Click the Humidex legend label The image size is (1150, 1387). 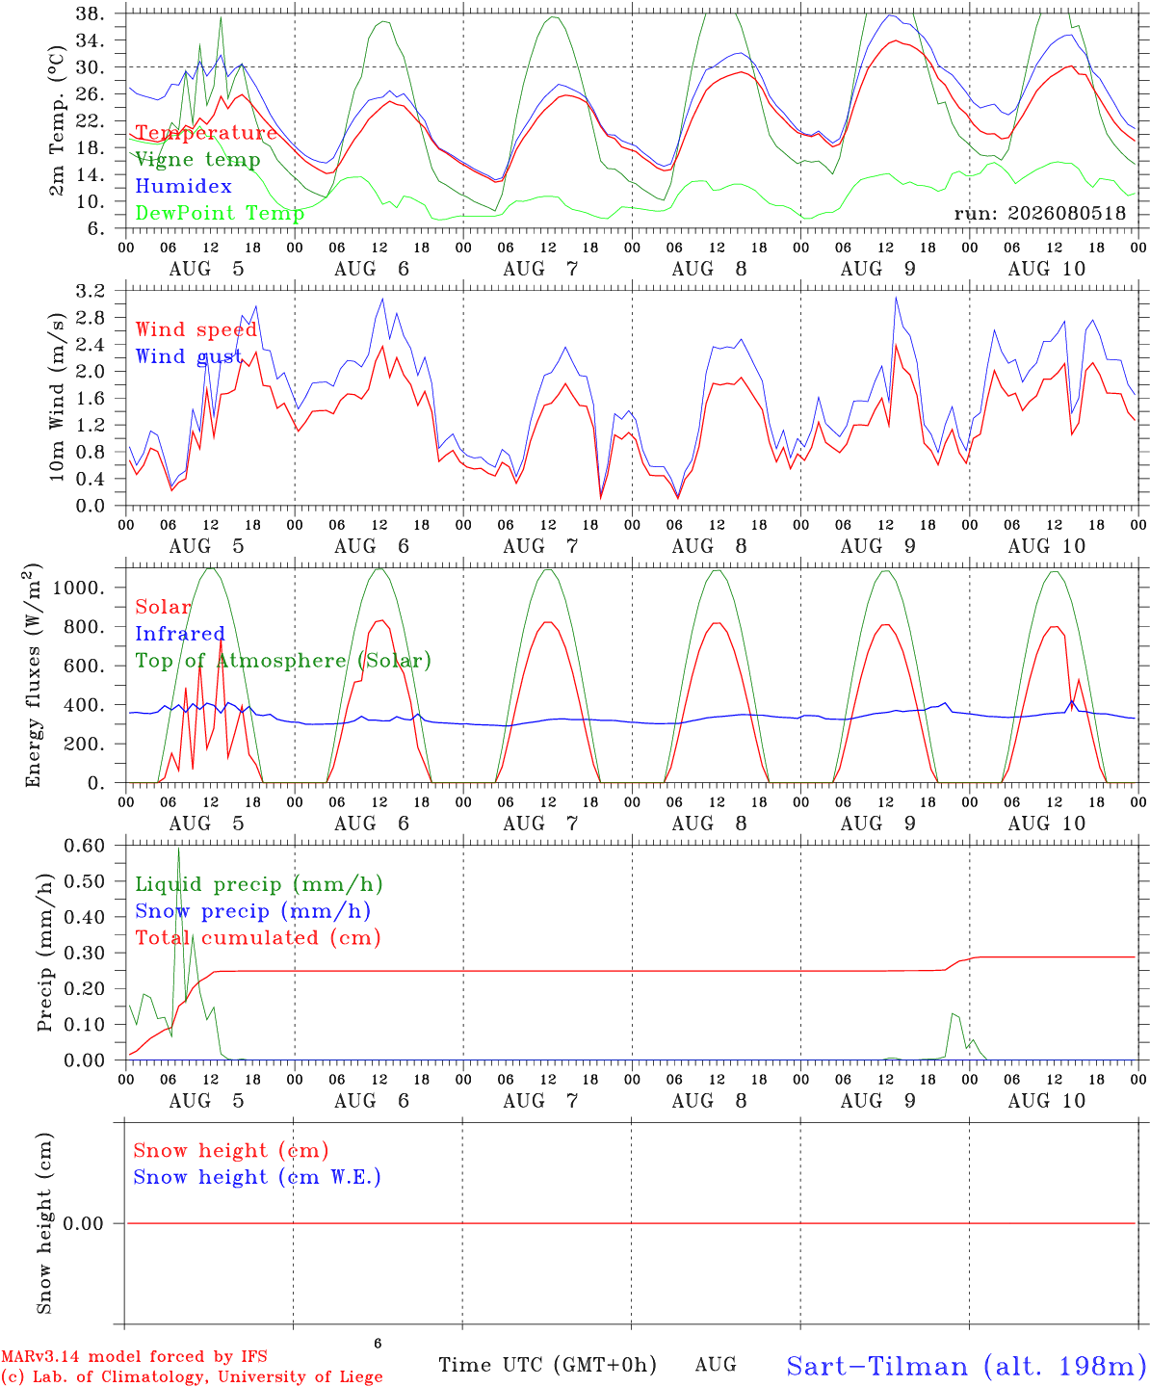coord(183,186)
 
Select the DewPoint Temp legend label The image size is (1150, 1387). coord(220,213)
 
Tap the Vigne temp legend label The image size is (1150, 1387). coord(198,160)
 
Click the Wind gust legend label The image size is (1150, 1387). coord(189,356)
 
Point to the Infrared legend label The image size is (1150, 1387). coord(180,634)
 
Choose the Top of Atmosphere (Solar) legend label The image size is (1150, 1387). coord(284,661)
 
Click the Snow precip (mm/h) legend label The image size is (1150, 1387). coord(253,911)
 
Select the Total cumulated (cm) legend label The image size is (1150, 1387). coord(258,937)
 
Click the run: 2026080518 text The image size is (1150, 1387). coord(1040,213)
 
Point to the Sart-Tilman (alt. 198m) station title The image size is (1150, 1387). coord(968,1366)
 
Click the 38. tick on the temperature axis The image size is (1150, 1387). coord(90,13)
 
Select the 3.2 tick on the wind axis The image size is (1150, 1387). coord(90,290)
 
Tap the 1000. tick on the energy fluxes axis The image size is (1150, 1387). coord(79,588)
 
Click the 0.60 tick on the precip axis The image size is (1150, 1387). coord(85,846)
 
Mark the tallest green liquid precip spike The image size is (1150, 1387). coord(178,849)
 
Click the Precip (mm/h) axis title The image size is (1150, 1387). coord(44,953)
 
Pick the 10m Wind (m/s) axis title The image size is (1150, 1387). coord(57,397)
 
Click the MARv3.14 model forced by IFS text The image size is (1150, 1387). coord(134,1356)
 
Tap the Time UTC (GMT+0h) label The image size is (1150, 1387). coord(547,1365)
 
